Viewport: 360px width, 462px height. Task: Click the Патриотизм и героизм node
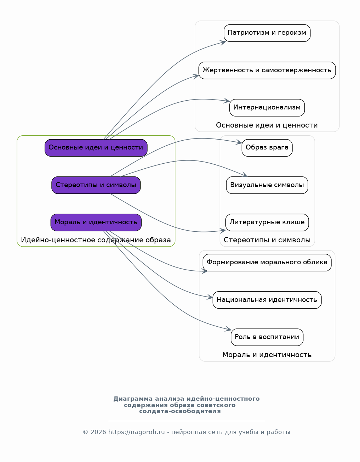[267, 33]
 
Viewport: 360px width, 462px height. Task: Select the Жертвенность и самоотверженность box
[267, 71]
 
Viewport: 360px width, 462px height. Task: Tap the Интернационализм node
[267, 108]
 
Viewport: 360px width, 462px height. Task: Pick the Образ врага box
[267, 148]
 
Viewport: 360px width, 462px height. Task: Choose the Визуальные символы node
[267, 185]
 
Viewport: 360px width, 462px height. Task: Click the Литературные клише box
[267, 222]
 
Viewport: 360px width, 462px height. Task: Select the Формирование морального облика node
[267, 263]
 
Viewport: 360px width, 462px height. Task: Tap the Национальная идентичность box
[267, 300]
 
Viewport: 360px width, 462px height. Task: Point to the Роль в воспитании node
[267, 337]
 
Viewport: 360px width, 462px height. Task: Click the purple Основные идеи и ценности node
[96, 148]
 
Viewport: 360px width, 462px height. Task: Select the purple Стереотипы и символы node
[96, 185]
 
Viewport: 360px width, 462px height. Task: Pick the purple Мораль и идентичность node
[96, 222]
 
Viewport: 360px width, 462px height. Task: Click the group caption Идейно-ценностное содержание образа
[96, 240]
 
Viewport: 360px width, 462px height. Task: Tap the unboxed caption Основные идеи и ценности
[267, 125]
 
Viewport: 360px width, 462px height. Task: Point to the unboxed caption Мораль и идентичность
[267, 355]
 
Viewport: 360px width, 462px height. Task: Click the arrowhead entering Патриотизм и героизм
[222, 43]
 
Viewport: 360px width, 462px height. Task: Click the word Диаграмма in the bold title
[133, 399]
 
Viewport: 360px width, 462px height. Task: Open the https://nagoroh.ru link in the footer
[136, 432]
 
